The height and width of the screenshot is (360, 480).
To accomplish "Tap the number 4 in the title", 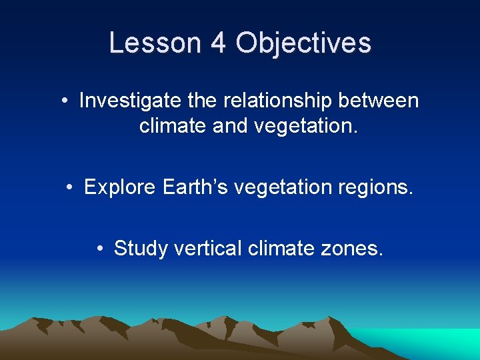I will [218, 43].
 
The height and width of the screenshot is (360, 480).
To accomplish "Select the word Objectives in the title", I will [303, 43].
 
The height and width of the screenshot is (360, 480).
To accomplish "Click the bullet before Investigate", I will [65, 101].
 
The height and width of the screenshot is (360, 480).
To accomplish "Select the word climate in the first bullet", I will [171, 126].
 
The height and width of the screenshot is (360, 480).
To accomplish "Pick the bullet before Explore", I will [70, 188].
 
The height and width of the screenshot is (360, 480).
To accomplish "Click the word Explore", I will [120, 188].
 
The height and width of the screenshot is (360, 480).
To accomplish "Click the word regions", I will [379, 188].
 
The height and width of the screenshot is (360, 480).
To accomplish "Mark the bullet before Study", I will [99, 249].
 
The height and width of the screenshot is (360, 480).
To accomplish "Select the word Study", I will [141, 249].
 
